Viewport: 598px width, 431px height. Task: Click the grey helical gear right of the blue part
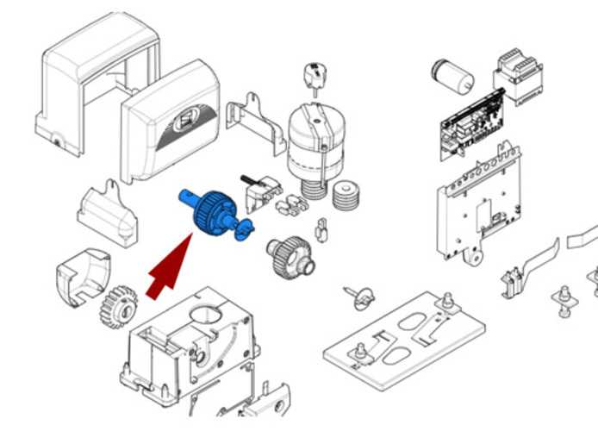[289, 255]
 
